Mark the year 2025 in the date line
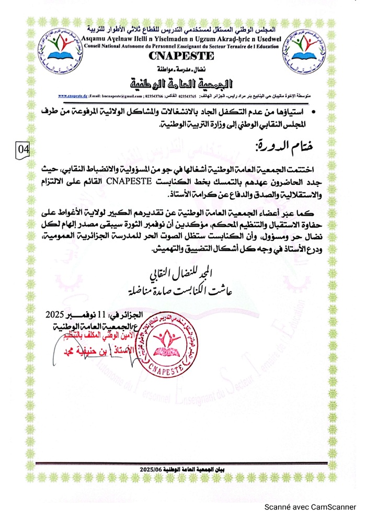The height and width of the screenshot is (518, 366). click(x=56, y=314)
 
